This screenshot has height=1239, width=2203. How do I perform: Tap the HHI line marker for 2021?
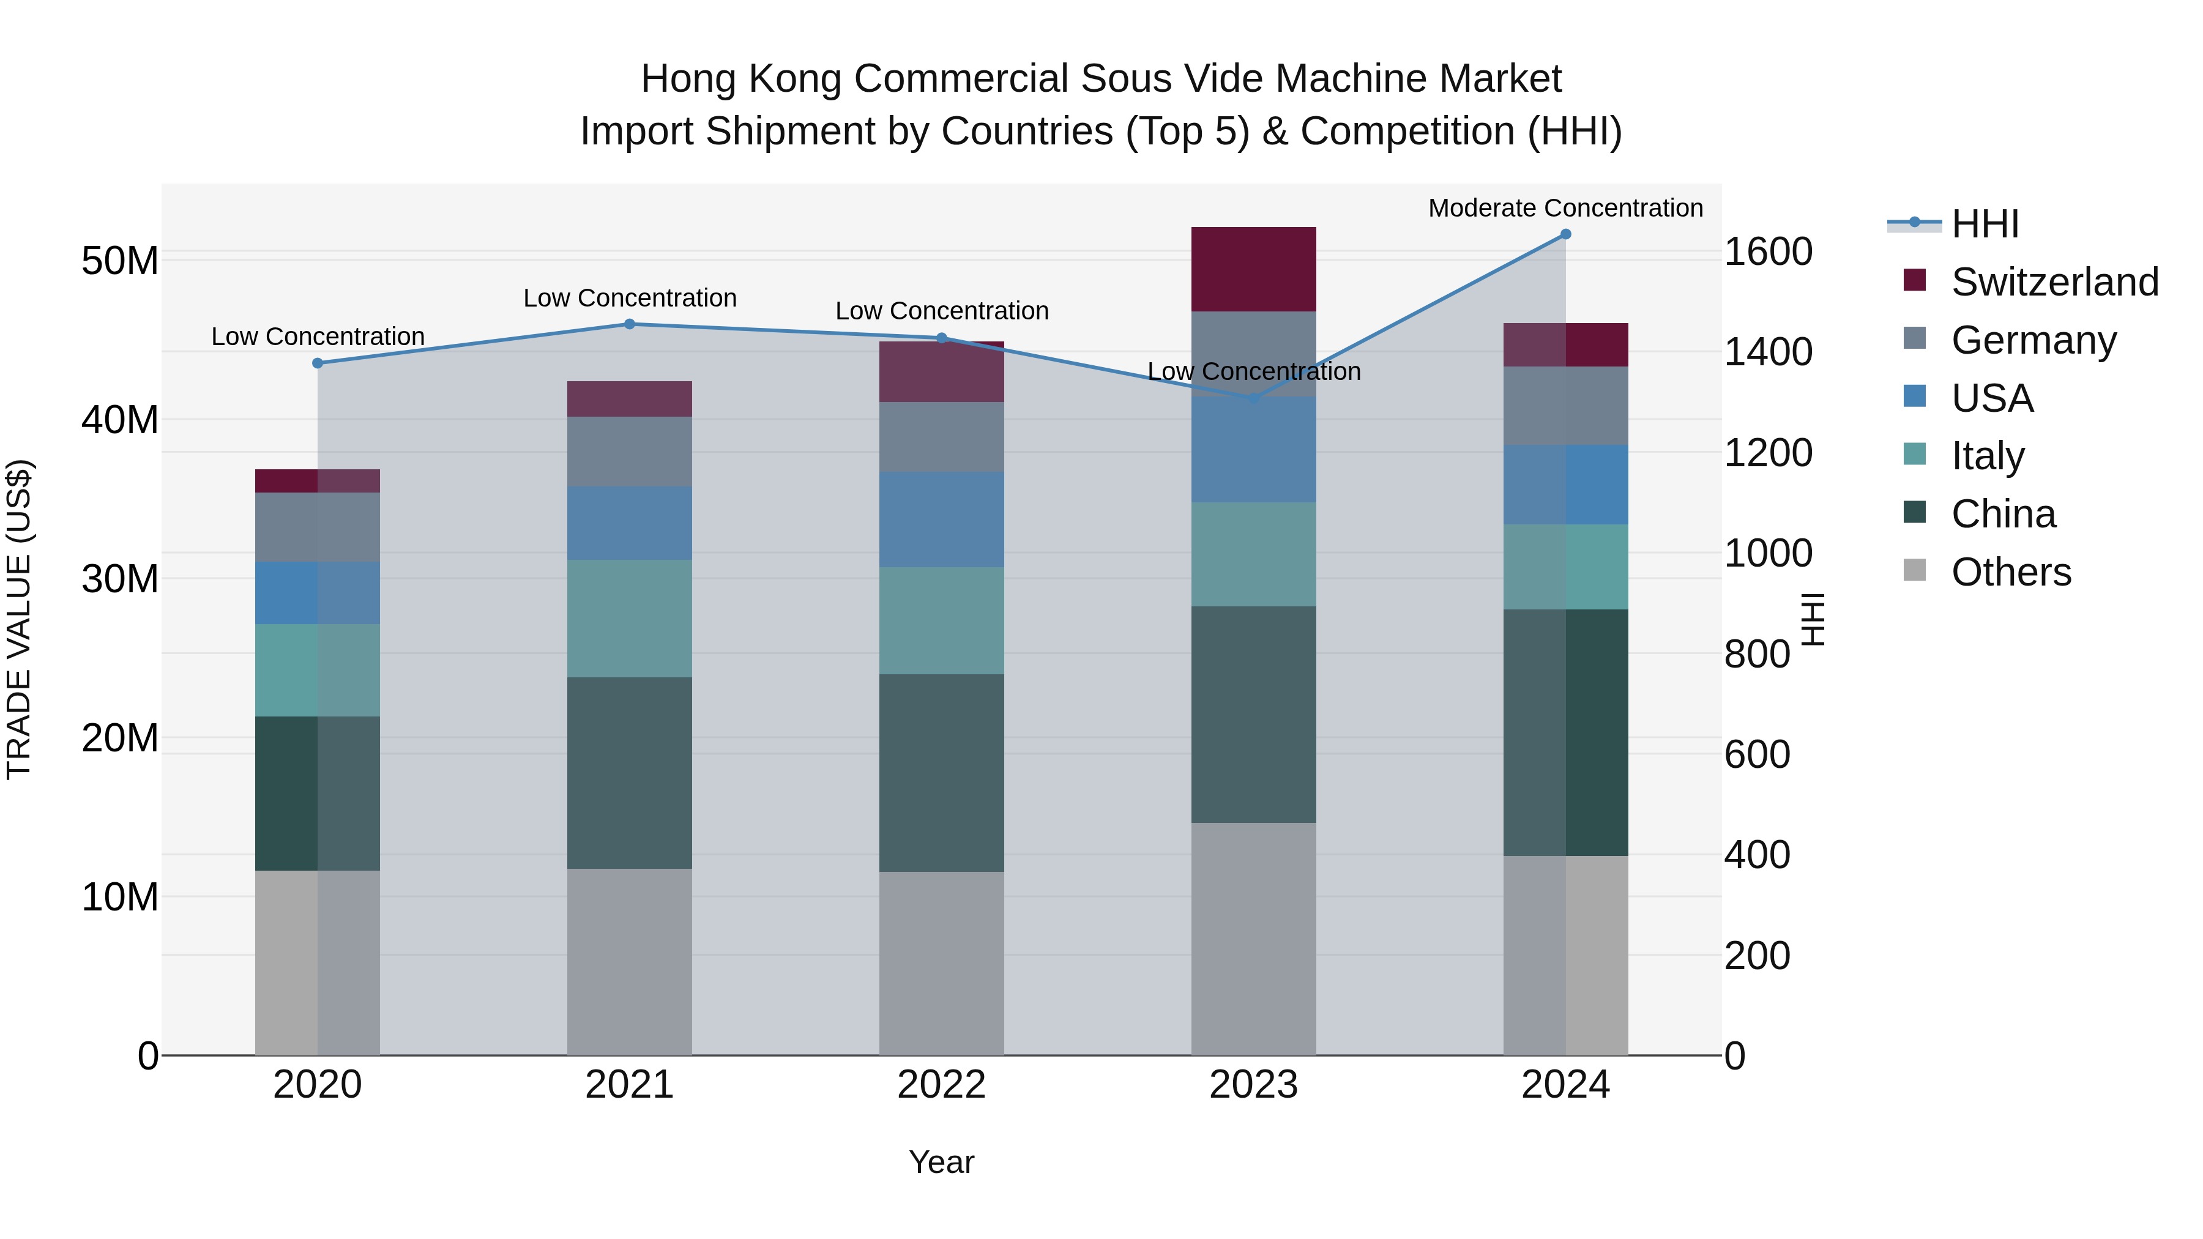(630, 324)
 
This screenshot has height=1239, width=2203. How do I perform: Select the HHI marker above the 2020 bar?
(317, 363)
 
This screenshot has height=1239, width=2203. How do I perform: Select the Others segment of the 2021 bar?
(630, 961)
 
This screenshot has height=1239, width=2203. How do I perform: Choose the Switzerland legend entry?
(2054, 282)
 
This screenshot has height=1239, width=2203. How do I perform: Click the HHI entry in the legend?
(1984, 224)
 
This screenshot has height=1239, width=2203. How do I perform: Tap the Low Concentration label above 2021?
(630, 297)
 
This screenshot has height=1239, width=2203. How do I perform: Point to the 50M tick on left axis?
(120, 260)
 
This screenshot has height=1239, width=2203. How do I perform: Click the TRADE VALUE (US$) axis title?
(19, 619)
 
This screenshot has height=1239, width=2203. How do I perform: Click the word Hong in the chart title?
(688, 79)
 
